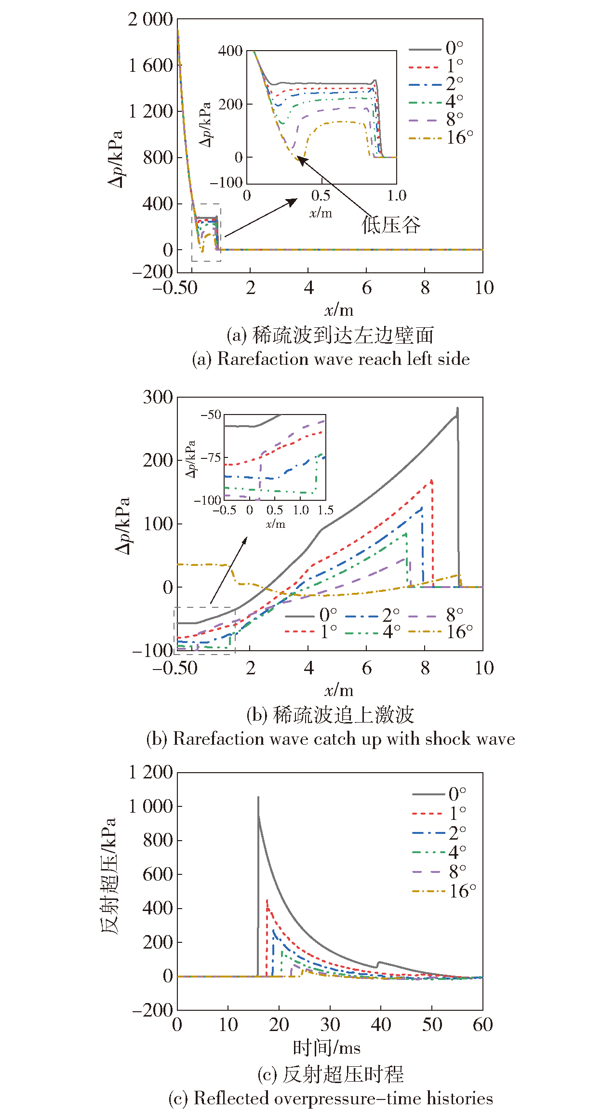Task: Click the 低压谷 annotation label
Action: (391, 225)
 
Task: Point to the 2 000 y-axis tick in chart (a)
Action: (150, 20)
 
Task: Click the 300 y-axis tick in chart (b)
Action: (158, 398)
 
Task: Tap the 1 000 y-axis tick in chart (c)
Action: (150, 806)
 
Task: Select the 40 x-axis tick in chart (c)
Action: (381, 1025)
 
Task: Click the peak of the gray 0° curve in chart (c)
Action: (258, 797)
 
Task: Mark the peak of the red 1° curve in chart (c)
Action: (267, 900)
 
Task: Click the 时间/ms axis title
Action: (327, 1048)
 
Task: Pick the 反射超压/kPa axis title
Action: (109, 875)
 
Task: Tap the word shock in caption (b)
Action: (444, 739)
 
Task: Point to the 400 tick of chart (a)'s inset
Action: (230, 51)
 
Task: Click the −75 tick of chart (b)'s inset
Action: (211, 457)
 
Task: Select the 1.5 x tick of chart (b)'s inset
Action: (326, 510)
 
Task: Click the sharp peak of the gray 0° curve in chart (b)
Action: (457, 408)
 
